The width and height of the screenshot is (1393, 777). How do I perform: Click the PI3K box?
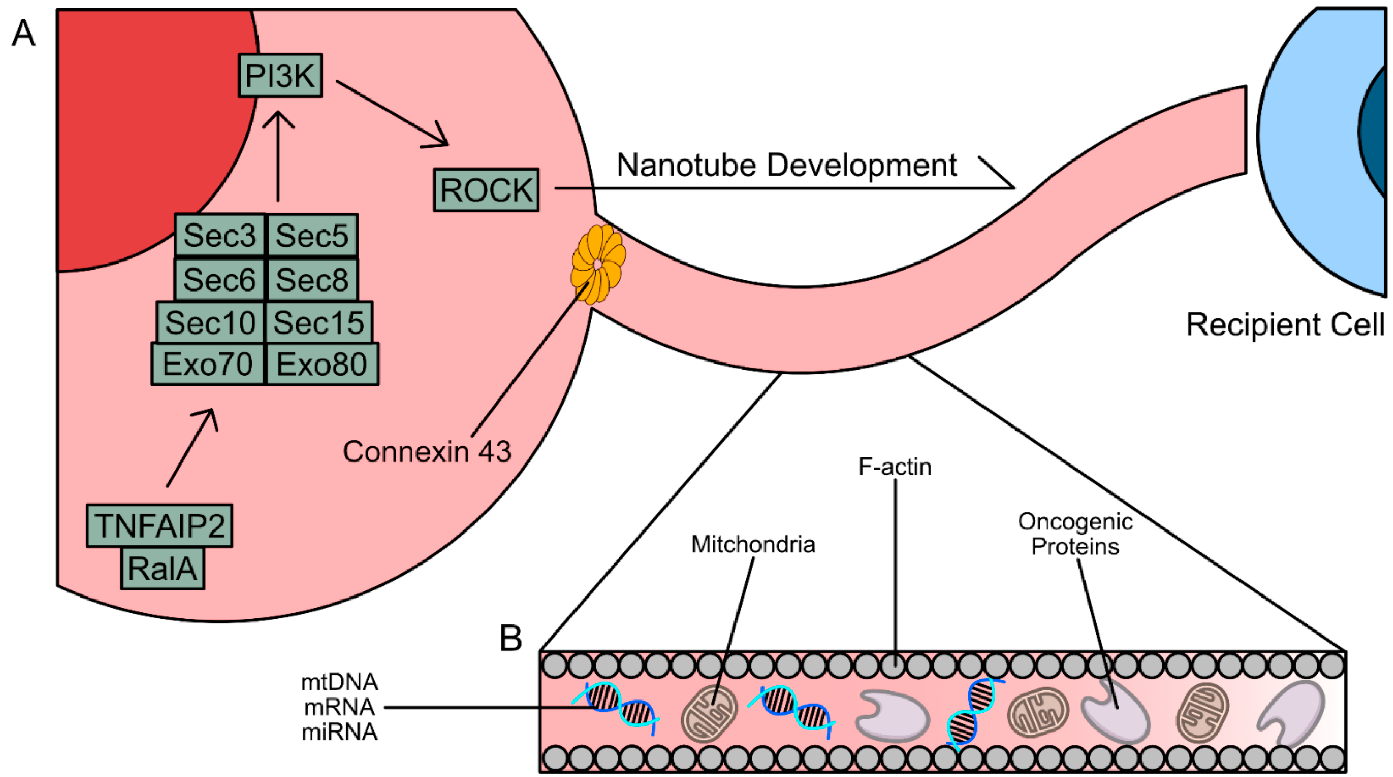click(x=280, y=76)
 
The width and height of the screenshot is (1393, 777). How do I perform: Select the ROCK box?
click(x=486, y=190)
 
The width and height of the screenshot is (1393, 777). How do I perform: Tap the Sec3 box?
click(x=219, y=236)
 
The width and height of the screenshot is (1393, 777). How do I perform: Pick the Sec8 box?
click(x=313, y=280)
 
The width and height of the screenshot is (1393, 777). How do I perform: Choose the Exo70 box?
click(x=208, y=365)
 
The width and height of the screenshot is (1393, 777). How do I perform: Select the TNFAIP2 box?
click(x=160, y=526)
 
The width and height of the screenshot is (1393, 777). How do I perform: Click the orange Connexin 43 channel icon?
click(x=598, y=264)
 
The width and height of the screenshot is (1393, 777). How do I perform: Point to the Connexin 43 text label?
click(x=427, y=451)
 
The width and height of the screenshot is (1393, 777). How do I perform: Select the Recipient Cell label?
click(x=1285, y=325)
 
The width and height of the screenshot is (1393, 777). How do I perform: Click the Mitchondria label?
click(x=753, y=544)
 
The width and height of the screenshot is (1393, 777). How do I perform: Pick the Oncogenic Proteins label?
click(x=1075, y=534)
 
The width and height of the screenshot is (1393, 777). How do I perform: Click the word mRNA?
click(x=340, y=707)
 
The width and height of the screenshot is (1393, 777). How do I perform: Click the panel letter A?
click(x=23, y=34)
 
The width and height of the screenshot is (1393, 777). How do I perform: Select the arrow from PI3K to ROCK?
click(x=392, y=114)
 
